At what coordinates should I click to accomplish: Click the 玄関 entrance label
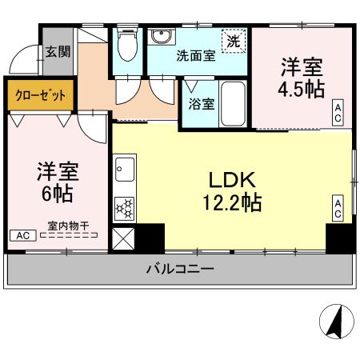tap(58, 52)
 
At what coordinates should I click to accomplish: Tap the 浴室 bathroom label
tap(200, 103)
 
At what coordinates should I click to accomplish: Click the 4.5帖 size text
tap(300, 88)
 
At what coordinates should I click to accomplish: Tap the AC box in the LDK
tap(338, 208)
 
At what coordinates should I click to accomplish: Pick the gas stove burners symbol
tap(125, 209)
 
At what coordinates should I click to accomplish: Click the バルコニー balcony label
tap(179, 270)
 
